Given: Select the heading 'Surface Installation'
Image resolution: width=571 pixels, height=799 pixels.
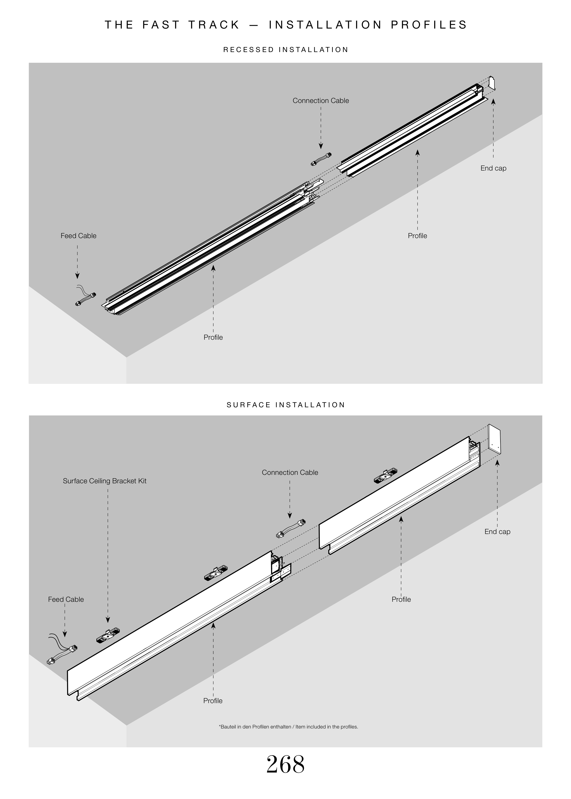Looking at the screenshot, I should click(x=285, y=405).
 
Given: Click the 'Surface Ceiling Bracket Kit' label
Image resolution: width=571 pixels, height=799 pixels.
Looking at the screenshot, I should click(x=104, y=481).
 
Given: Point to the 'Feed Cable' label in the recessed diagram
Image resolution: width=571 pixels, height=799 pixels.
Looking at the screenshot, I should click(x=78, y=236).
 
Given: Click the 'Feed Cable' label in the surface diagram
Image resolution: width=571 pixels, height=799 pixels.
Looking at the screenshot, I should click(x=66, y=599).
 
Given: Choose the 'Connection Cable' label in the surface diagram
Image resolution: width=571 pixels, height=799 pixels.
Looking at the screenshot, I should click(x=290, y=473).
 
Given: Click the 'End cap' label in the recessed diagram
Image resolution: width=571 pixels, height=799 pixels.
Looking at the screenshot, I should click(x=493, y=168).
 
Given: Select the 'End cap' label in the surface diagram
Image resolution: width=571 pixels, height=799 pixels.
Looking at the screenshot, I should click(x=497, y=532).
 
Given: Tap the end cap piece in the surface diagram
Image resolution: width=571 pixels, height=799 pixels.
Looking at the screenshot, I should click(x=494, y=439).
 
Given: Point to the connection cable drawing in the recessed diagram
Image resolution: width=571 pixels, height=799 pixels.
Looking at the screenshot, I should click(x=321, y=159).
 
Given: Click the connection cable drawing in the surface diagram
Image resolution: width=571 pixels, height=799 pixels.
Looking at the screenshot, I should click(x=291, y=528).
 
